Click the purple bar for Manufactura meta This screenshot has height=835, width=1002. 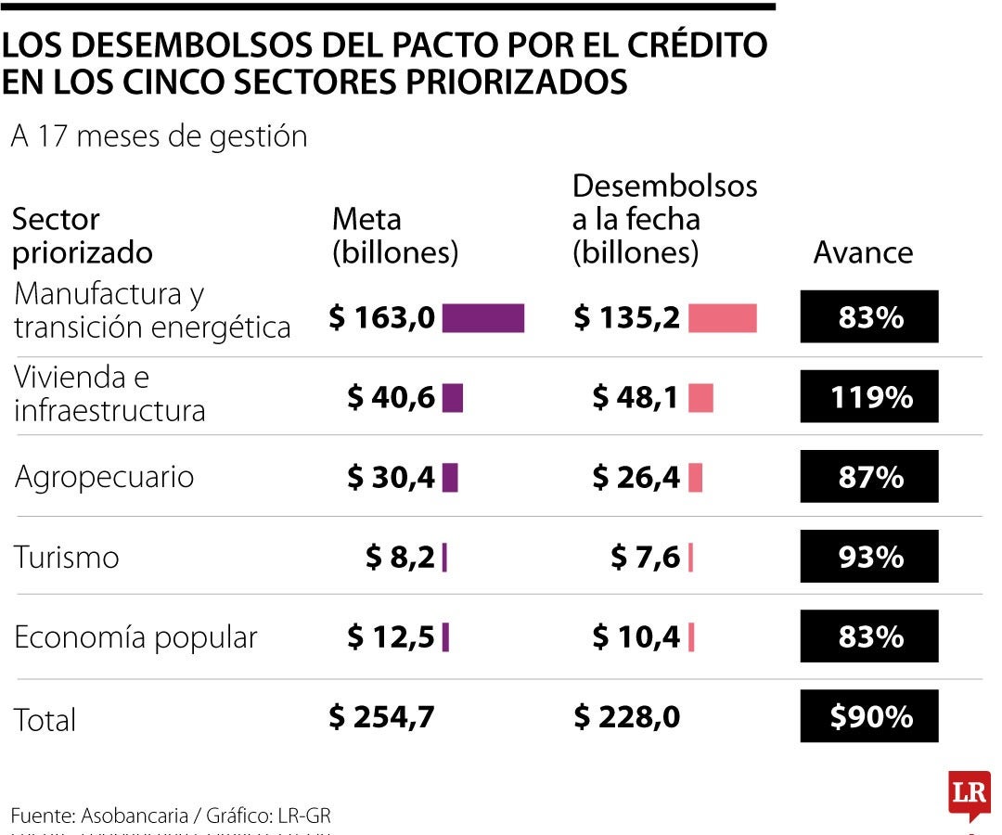pyautogui.click(x=482, y=317)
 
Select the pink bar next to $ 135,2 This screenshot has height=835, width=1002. pyautogui.click(x=723, y=317)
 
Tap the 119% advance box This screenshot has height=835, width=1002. pyautogui.click(x=869, y=397)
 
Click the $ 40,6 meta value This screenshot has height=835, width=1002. pyautogui.click(x=391, y=397)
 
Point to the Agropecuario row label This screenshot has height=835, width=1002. pyautogui.click(x=104, y=477)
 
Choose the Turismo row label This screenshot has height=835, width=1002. pyautogui.click(x=67, y=557)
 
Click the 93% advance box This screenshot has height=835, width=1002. pyautogui.click(x=869, y=557)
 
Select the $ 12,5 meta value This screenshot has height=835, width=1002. pyautogui.click(x=391, y=637)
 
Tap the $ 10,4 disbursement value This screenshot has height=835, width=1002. pyautogui.click(x=636, y=637)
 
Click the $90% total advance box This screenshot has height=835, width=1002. pyautogui.click(x=869, y=716)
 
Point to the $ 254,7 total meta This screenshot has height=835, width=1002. pyautogui.click(x=381, y=716)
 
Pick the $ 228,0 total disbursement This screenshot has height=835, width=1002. pyautogui.click(x=626, y=716)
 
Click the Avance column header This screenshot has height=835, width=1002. pyautogui.click(x=863, y=252)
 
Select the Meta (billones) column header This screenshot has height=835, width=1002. pyautogui.click(x=395, y=236)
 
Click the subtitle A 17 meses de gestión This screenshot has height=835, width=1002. pyautogui.click(x=159, y=136)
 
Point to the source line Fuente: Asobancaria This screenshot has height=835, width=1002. pyautogui.click(x=171, y=816)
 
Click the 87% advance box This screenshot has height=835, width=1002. pyautogui.click(x=869, y=477)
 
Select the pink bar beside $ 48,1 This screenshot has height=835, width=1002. pyautogui.click(x=700, y=397)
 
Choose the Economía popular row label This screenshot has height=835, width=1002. pyautogui.click(x=135, y=637)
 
